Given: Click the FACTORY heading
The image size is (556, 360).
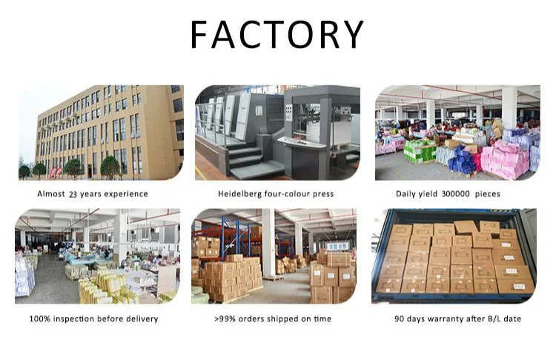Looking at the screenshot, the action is pos(277,34).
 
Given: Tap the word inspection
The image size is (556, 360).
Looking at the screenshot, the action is pos(79,319).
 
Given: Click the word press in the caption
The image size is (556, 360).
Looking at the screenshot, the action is pos(321,194).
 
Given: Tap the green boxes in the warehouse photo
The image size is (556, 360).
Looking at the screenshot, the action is pos(419,151).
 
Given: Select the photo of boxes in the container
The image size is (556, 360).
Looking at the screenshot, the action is pos(453,256).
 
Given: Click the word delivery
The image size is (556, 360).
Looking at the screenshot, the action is pos(142,319).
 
